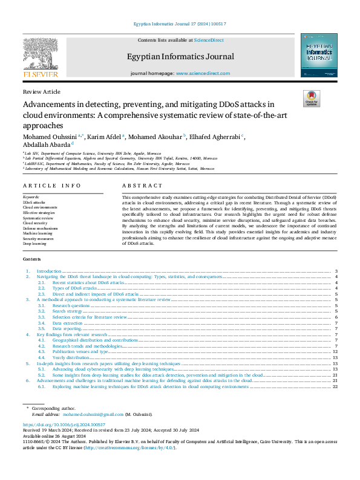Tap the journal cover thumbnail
coord(319,56)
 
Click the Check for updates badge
coord(310,99)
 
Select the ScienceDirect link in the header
coord(209,40)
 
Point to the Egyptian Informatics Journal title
coord(180,57)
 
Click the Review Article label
coord(41,91)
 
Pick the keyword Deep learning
coord(34,244)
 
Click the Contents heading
coord(33,261)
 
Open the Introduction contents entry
coord(49,271)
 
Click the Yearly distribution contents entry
coord(71,357)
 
